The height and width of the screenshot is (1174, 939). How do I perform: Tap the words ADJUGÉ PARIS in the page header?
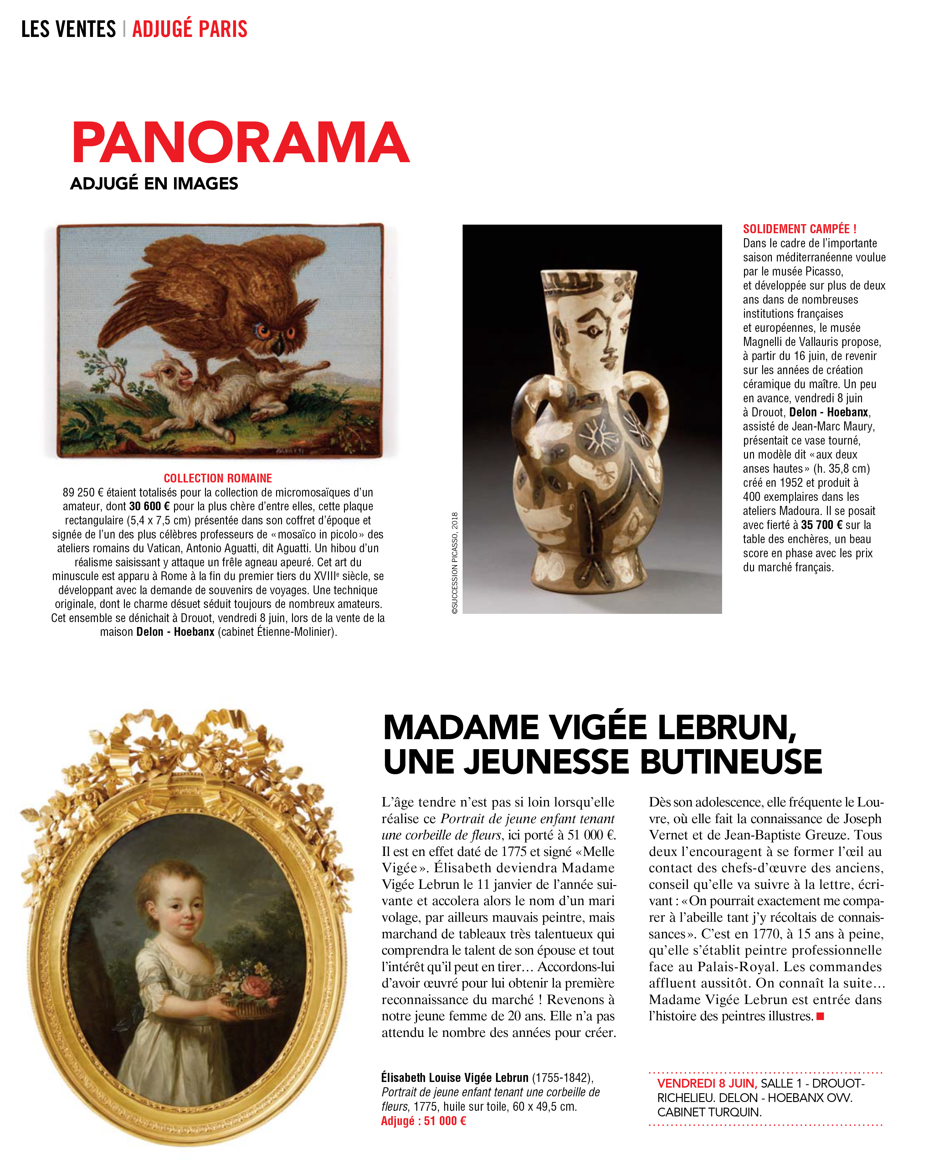pos(189,29)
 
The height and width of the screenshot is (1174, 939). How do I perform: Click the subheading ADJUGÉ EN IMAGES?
pos(154,183)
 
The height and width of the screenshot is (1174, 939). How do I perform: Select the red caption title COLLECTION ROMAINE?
pos(218,478)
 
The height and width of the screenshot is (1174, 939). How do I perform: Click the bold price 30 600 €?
pos(150,506)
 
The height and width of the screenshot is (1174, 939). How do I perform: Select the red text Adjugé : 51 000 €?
pos(423,1121)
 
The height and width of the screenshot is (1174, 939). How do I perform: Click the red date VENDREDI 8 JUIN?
pos(706,1084)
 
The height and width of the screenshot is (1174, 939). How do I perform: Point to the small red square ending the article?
pos(820,1017)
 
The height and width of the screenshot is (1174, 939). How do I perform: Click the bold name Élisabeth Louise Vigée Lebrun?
pos(454,1078)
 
